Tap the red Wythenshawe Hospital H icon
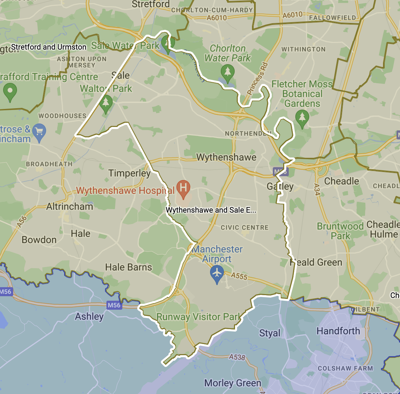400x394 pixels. point(183,188)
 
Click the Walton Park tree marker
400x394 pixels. point(106,103)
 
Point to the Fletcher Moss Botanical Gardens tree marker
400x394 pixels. point(302,117)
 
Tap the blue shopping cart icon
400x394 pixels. point(39,132)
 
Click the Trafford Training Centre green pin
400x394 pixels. point(10,92)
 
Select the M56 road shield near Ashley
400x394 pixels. point(114,305)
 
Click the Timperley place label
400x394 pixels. point(129,173)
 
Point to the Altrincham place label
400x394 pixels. point(70,207)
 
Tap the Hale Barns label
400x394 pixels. point(129,267)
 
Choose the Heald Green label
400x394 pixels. point(316,263)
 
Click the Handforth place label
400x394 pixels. point(338,331)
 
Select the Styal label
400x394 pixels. point(270,333)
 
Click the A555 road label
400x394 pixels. point(239,276)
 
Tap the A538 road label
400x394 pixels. point(237,357)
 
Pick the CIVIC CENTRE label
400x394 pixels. point(245,228)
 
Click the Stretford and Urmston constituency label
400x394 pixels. point(49,47)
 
